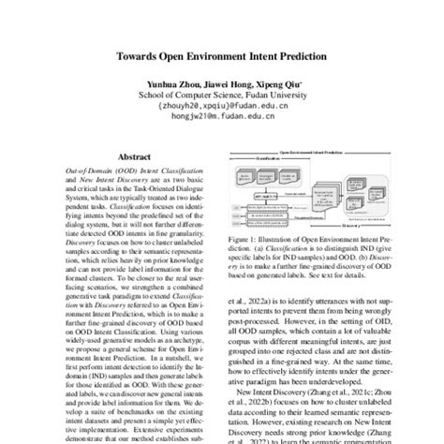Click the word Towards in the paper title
point(143,56)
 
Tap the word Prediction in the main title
point(298,56)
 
